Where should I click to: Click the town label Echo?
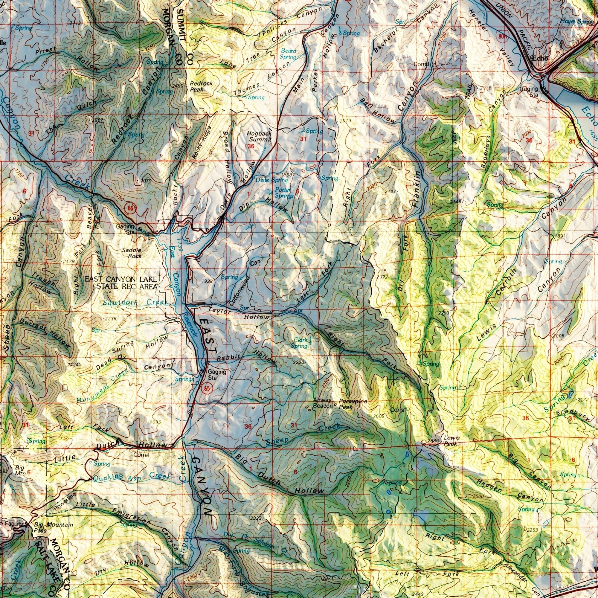(x=540, y=59)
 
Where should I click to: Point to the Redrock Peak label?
(x=201, y=86)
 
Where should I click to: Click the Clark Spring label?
(x=299, y=343)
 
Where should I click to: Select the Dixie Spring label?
(x=272, y=180)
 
